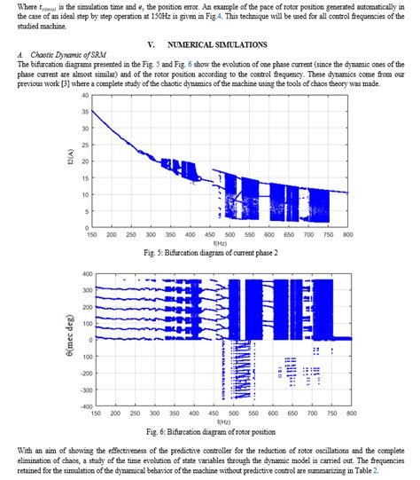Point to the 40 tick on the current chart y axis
84,95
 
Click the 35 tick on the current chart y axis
84,111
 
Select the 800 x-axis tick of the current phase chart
347,235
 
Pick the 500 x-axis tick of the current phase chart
230,235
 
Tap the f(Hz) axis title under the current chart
219,243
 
